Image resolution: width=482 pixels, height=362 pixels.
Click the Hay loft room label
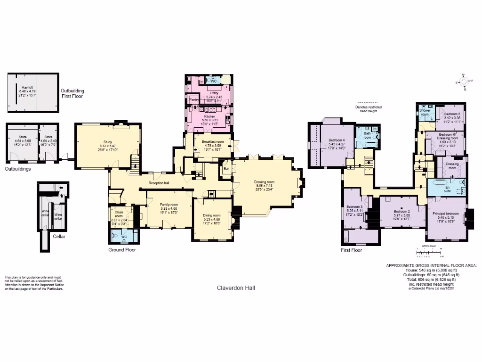(28, 87)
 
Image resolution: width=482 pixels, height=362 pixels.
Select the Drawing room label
(264, 182)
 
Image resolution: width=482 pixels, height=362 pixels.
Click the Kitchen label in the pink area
(209, 116)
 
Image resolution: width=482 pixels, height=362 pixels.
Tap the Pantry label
(193, 100)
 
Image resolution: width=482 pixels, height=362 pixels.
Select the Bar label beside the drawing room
(226, 168)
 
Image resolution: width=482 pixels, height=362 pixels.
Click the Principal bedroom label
(445, 214)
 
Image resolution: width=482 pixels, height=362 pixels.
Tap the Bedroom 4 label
(337, 140)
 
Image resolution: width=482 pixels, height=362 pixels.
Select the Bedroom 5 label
(452, 114)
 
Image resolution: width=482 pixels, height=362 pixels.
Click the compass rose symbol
(465, 82)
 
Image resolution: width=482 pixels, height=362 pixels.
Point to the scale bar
(428, 253)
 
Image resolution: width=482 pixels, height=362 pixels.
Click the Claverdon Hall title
(236, 288)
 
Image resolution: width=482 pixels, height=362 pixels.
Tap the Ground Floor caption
(122, 250)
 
